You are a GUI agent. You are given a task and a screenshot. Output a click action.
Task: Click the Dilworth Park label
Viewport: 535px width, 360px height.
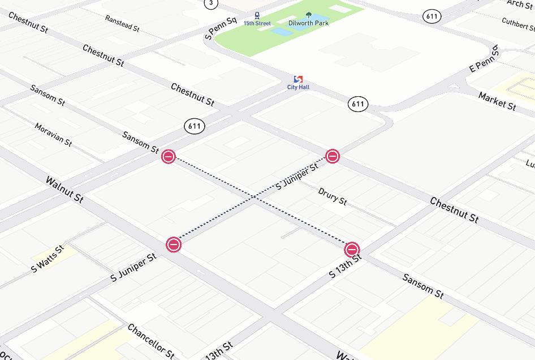click(308, 23)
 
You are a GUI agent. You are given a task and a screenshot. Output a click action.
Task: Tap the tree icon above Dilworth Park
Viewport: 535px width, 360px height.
click(308, 15)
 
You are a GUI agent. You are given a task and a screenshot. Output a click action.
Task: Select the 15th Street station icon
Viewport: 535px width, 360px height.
click(257, 15)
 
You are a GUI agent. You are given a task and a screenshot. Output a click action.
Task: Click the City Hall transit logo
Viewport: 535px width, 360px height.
click(298, 79)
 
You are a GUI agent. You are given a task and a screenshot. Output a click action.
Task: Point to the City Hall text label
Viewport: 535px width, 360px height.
click(298, 87)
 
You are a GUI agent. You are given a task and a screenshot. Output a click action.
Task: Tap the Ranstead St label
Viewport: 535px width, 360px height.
click(122, 23)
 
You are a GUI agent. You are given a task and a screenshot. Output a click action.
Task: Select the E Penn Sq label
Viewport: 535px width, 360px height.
click(485, 59)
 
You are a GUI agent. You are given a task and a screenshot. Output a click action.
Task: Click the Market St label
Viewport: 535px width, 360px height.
click(497, 101)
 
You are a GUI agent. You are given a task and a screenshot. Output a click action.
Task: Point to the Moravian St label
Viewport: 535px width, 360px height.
click(53, 135)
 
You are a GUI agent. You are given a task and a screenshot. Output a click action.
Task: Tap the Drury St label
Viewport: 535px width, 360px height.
click(333, 196)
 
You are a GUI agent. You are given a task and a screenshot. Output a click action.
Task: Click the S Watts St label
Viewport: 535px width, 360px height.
click(48, 259)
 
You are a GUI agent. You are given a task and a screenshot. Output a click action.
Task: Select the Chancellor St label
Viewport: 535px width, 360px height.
click(151, 341)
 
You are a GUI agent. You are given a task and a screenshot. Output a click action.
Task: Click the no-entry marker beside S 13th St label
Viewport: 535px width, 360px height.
click(352, 249)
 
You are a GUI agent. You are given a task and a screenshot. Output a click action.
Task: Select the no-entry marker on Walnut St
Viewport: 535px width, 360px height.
click(174, 245)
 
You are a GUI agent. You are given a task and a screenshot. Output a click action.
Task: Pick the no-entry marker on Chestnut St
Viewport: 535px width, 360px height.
click(333, 156)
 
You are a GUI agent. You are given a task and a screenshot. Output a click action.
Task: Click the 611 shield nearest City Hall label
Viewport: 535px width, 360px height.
click(357, 104)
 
